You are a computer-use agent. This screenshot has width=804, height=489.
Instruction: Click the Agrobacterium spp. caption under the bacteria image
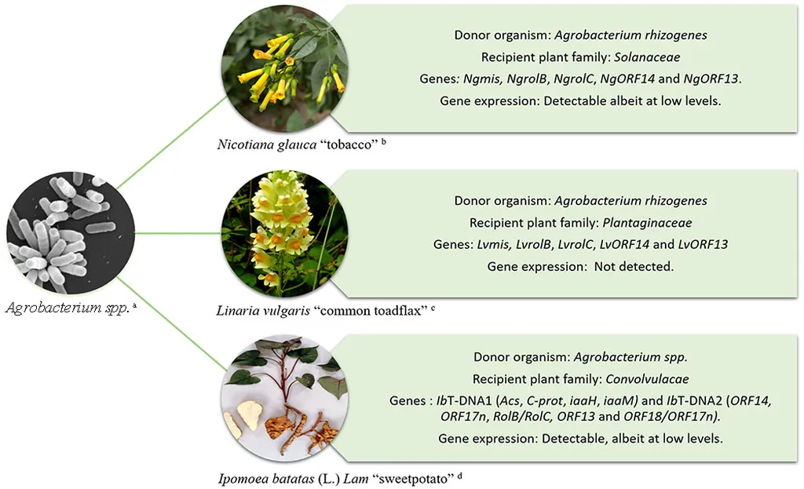click(71, 308)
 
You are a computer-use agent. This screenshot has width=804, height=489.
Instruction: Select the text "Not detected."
click(634, 267)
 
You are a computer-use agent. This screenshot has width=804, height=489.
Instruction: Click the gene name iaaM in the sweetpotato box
click(621, 401)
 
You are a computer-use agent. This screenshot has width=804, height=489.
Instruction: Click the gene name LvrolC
click(569, 245)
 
